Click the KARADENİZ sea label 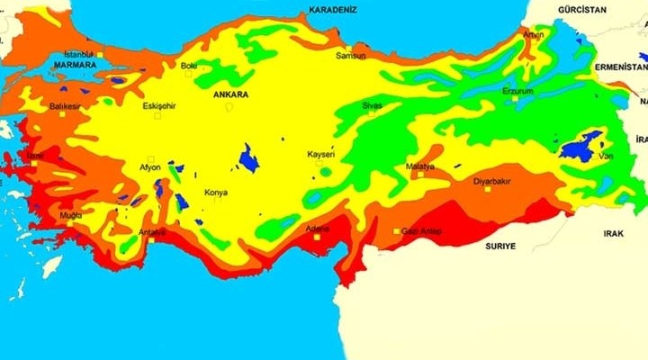tap(333, 9)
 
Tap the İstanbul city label tap(78, 54)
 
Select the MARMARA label tap(75, 66)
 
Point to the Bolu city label tap(189, 66)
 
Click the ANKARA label tap(231, 94)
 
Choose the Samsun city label tap(350, 56)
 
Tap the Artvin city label tap(535, 34)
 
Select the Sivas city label tap(372, 105)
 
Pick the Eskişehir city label tap(159, 105)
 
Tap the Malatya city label tap(420, 166)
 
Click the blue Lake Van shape tap(580, 146)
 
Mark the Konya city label tap(216, 193)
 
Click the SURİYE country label tap(500, 246)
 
